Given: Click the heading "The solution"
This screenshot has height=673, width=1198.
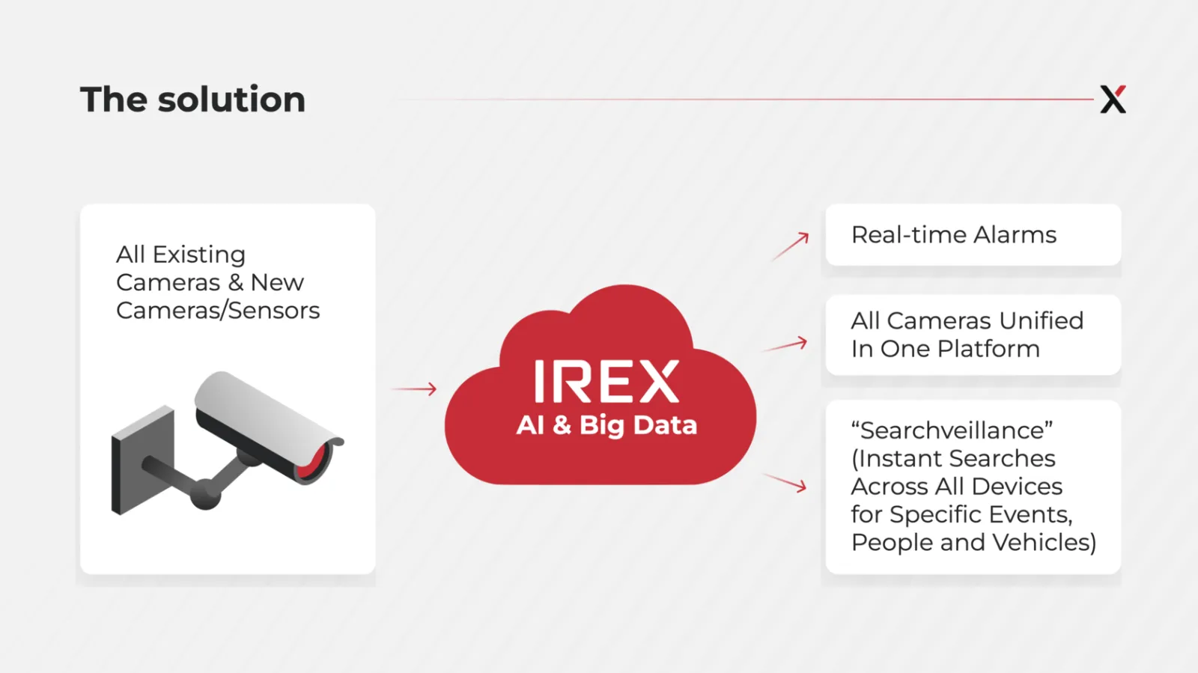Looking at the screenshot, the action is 192,100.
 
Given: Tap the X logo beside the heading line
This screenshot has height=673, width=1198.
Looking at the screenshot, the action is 1113,100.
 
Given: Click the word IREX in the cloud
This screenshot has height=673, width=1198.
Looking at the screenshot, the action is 607,381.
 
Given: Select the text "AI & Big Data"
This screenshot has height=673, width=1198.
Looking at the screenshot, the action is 606,425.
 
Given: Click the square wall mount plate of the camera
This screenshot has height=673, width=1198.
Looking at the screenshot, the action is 143,460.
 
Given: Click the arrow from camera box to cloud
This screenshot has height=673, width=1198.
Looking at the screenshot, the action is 414,389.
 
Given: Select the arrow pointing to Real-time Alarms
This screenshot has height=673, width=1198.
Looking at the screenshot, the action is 790,246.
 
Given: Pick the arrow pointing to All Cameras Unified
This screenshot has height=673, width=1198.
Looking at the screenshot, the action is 785,344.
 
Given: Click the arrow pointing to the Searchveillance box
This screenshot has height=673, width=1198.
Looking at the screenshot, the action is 785,482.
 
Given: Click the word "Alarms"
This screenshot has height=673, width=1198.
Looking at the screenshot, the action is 1015,235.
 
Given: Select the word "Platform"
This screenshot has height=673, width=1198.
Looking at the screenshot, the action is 988,349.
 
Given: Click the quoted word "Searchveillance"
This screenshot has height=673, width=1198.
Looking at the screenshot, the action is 952,430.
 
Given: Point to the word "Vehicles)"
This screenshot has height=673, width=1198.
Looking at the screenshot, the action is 1045,543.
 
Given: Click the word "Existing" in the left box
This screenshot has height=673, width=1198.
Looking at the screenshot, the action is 199,255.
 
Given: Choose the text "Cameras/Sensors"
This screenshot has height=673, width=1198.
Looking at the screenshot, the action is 218,311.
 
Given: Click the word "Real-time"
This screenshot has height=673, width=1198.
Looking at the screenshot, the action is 909,235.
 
